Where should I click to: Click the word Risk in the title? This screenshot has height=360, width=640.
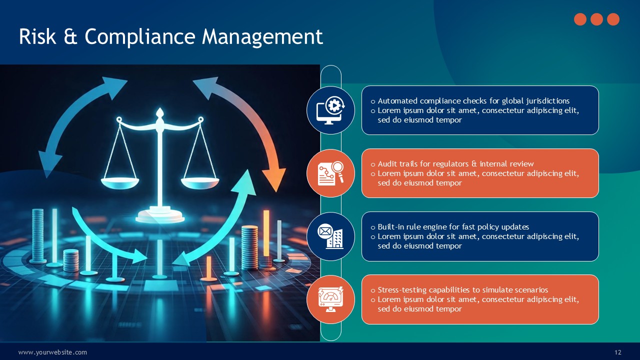click(37, 36)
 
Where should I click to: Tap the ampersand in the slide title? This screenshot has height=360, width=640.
click(70, 37)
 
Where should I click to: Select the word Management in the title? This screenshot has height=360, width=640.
click(262, 37)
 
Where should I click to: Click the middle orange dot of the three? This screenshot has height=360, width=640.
click(596, 19)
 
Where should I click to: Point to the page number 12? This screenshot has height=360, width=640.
click(617, 352)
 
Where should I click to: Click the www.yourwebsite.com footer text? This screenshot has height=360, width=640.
click(52, 352)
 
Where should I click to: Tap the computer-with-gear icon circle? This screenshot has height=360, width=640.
click(330, 110)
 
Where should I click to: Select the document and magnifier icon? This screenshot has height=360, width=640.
click(330, 173)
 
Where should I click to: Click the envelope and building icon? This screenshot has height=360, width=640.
click(330, 236)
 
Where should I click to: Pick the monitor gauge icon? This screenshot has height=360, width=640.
click(330, 299)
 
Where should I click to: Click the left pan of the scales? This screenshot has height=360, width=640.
click(120, 183)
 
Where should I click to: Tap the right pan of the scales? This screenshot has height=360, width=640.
click(200, 183)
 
